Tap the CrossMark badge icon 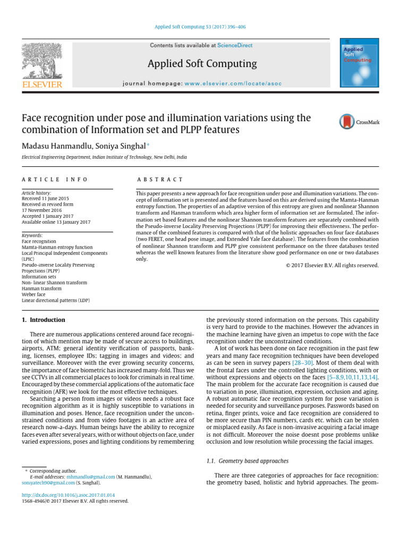(360, 122)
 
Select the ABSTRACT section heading (160, 180)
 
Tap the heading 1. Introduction (43, 320)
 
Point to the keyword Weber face (34, 294)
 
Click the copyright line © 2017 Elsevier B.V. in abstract (331, 266)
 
